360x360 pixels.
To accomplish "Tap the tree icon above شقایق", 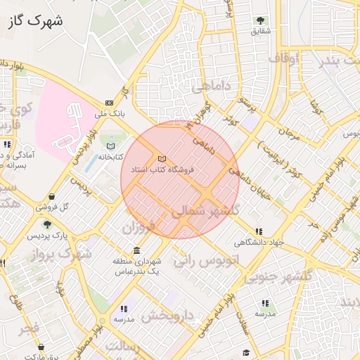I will point(261,20).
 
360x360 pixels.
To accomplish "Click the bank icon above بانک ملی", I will point(109,102).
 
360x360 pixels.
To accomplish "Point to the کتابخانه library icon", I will point(110,146).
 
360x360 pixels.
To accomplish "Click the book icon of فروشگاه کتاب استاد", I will point(163,159).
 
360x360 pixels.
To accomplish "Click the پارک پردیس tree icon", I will point(46,224).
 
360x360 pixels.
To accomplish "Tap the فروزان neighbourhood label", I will point(138,229).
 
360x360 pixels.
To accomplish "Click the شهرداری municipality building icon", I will point(136,251).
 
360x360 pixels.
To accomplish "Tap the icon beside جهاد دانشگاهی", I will point(259,231).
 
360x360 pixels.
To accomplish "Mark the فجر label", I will point(30,328).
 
